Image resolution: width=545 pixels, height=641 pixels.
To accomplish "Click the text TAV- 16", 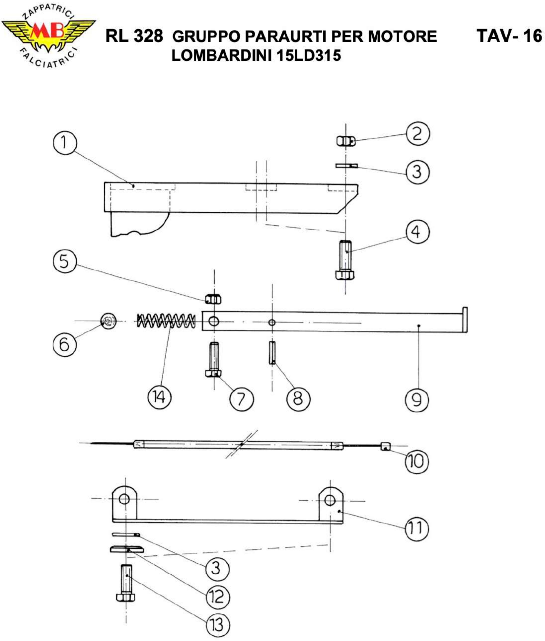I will click(509, 36).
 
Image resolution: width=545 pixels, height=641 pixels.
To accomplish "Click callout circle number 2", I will click(417, 134).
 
